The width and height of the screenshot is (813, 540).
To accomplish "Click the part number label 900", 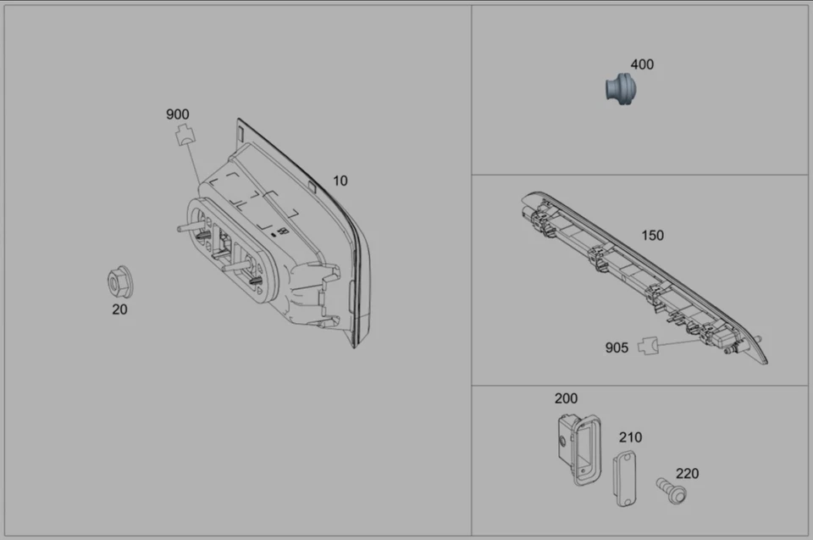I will [177, 114].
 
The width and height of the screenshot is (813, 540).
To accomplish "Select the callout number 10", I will [340, 181].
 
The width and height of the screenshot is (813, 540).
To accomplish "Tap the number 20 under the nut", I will [119, 309].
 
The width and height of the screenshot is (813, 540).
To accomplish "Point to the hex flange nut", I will [119, 282].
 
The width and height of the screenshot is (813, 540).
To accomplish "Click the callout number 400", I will [642, 64].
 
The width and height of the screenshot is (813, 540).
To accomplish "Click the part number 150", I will [652, 236].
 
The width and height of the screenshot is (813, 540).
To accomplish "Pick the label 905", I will [617, 348].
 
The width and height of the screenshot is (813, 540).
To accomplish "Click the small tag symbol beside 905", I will [648, 345].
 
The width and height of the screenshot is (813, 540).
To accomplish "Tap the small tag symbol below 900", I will [184, 135].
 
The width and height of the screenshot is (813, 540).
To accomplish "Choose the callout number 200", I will [566, 398].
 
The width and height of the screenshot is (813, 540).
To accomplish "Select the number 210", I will [630, 437].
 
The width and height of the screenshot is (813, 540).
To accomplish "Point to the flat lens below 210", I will [626, 478].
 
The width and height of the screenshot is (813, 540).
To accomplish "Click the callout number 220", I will [687, 474].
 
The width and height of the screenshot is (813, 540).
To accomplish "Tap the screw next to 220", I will [670, 489].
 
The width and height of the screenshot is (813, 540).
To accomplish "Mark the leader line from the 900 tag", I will [194, 166].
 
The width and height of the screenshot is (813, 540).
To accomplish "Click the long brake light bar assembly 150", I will [644, 280].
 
